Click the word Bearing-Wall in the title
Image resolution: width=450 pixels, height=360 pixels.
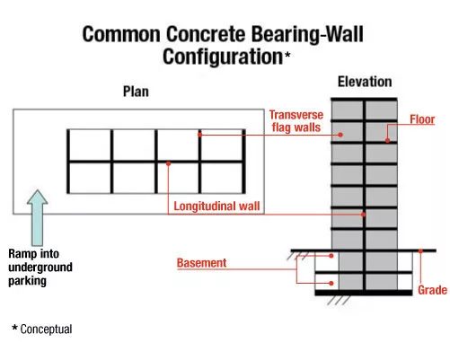pyautogui.click(x=307, y=34)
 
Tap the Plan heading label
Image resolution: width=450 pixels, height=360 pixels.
pyautogui.click(x=136, y=92)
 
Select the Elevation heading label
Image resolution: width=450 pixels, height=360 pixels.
pyautogui.click(x=365, y=82)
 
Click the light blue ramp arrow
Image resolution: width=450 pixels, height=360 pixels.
pyautogui.click(x=37, y=217)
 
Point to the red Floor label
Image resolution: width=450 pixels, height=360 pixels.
pyautogui.click(x=422, y=119)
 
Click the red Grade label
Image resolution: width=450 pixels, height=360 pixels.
pyautogui.click(x=432, y=290)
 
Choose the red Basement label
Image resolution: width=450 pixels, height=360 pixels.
pyautogui.click(x=201, y=263)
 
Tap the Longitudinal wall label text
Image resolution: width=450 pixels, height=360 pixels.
pyautogui.click(x=216, y=206)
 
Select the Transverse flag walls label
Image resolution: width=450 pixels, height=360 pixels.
pyautogui.click(x=296, y=121)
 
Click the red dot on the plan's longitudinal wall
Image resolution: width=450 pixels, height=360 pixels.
pyautogui.click(x=168, y=163)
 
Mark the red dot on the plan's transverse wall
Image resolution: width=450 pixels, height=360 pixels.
pyautogui.click(x=200, y=135)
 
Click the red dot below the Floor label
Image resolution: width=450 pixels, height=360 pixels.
pyautogui.click(x=387, y=140)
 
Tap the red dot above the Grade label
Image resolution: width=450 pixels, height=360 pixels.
pyautogui.click(x=420, y=251)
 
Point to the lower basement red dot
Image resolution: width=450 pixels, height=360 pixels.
pyautogui.click(x=331, y=283)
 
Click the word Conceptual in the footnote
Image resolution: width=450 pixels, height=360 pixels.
pyautogui.click(x=46, y=329)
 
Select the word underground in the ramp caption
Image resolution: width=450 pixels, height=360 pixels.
pyautogui.click(x=40, y=268)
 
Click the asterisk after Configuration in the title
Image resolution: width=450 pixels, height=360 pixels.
pyautogui.click(x=287, y=55)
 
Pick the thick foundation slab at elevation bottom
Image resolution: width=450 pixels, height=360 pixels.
pyautogui.click(x=364, y=293)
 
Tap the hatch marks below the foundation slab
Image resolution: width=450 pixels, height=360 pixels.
pyautogui.click(x=339, y=301)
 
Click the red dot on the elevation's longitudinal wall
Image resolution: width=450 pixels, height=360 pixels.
pyautogui.click(x=363, y=215)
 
